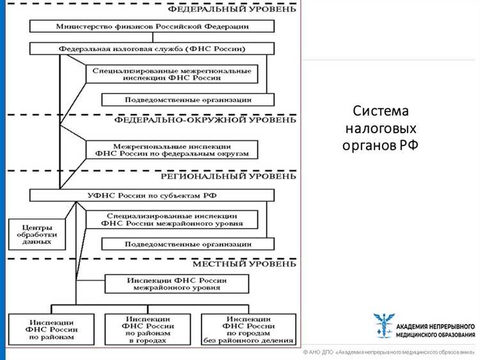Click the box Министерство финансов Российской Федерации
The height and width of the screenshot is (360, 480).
(152, 27)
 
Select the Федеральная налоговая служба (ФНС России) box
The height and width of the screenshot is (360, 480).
(152, 49)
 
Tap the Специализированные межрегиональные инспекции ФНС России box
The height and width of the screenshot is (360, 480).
(172, 74)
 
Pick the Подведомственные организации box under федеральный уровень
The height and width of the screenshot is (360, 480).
(188, 99)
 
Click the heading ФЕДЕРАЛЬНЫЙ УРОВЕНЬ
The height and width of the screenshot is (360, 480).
(232, 9)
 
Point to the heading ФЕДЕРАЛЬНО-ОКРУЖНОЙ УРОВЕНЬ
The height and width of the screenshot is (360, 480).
(205, 120)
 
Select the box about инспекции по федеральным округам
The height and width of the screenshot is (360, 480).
(172, 149)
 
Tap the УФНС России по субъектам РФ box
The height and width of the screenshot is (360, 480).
(152, 195)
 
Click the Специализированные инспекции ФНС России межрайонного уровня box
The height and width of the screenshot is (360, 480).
(172, 220)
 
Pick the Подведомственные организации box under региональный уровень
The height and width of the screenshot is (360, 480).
(188, 244)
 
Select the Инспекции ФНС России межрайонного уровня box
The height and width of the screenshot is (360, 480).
(176, 284)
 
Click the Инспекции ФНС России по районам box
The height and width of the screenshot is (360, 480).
(51, 329)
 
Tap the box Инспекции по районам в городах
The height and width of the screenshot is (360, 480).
(147, 329)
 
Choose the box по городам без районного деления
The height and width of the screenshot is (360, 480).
(248, 329)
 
